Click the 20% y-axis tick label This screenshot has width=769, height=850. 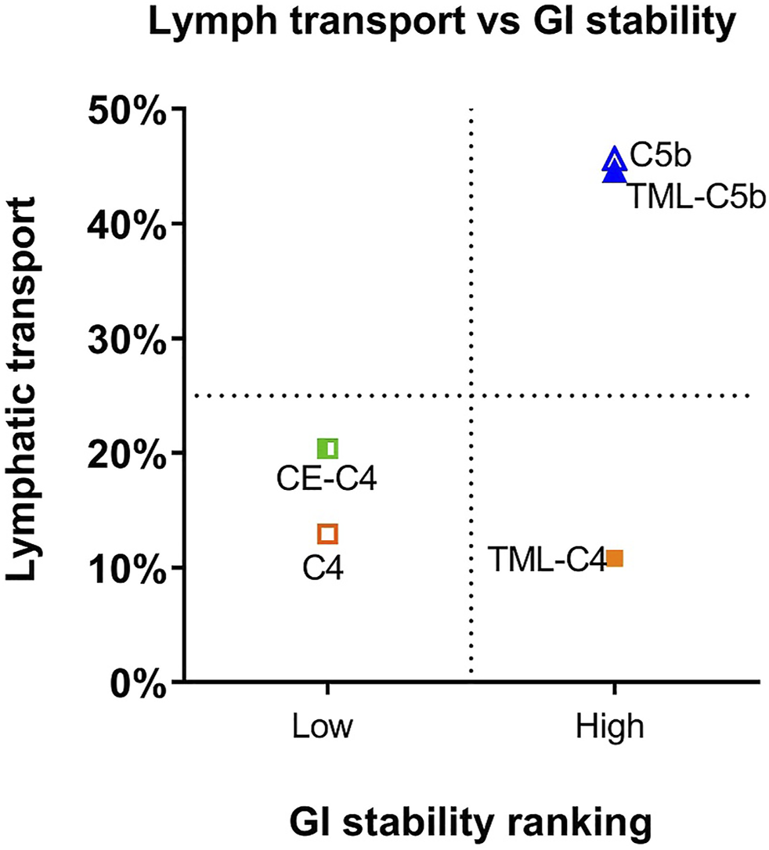128,453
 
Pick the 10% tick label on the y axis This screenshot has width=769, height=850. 128,567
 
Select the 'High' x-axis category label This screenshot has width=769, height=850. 614,727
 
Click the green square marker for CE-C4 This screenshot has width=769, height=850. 328,448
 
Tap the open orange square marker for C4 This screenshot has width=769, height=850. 327,534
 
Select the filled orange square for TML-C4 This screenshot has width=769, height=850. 615,558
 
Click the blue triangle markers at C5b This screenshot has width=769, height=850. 615,164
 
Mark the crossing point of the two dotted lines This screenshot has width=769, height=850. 471,396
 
